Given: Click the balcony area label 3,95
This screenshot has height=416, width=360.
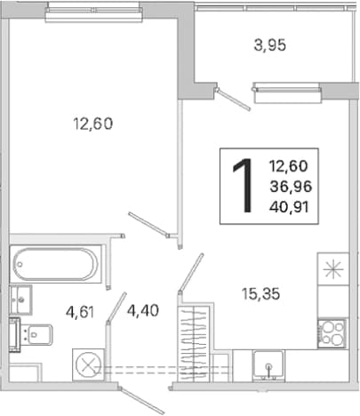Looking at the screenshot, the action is click(x=270, y=45).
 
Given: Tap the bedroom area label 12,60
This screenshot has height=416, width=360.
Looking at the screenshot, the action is click(x=93, y=124).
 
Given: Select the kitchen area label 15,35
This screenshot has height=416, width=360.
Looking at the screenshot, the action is click(x=260, y=294).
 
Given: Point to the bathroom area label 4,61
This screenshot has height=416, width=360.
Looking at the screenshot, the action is click(x=80, y=312).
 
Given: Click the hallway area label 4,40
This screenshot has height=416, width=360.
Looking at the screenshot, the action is click(x=143, y=310).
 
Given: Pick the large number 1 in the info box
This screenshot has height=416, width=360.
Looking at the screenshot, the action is click(x=244, y=186).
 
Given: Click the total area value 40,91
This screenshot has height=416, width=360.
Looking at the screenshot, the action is click(x=289, y=207).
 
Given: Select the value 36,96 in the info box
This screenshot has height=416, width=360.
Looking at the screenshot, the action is click(x=291, y=187).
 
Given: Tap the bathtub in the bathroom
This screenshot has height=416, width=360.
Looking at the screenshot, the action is click(x=56, y=264).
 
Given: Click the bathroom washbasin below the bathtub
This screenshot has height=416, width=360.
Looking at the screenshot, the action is click(x=20, y=300).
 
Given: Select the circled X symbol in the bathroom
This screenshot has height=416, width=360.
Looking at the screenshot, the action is click(x=88, y=364).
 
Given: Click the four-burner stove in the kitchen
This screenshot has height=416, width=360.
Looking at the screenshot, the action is click(x=332, y=333).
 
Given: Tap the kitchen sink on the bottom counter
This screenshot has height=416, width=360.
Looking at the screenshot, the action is click(x=268, y=365).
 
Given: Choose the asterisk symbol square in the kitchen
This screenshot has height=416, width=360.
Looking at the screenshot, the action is click(x=333, y=268).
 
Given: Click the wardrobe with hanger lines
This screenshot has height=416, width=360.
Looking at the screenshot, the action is click(x=194, y=344).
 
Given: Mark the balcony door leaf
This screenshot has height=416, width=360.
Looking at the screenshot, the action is click(x=234, y=100).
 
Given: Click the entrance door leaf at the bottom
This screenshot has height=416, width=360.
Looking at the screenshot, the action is click(x=141, y=400).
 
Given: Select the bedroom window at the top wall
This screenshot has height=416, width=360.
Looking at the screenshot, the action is click(x=94, y=14).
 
